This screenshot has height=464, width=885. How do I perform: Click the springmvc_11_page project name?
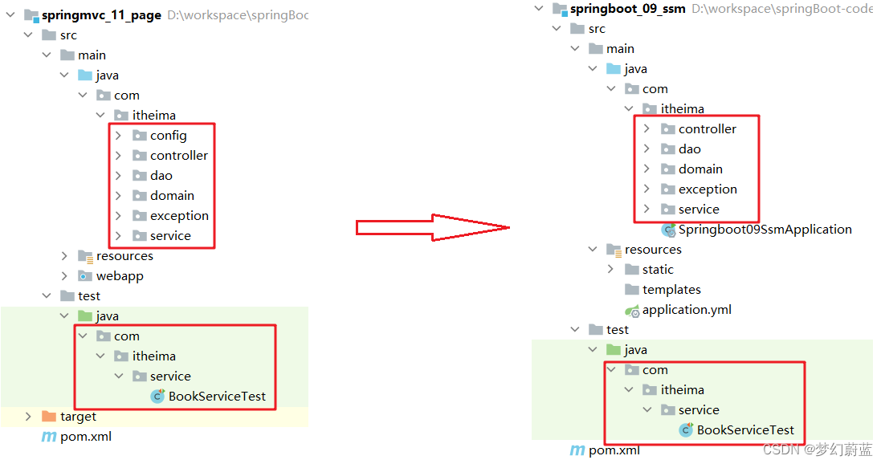[101, 15]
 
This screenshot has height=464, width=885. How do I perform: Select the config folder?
[168, 136]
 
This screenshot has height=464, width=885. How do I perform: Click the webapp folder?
[120, 276]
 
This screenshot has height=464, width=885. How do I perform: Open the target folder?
[78, 417]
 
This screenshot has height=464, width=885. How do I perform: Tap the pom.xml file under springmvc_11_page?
[86, 437]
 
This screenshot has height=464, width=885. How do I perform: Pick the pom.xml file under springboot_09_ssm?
[614, 450]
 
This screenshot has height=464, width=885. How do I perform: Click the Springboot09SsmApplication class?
[765, 230]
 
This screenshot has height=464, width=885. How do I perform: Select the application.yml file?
[687, 310]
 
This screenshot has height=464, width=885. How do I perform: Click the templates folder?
[671, 290]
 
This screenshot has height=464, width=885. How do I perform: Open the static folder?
[658, 270]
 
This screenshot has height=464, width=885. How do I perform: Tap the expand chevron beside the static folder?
[611, 270]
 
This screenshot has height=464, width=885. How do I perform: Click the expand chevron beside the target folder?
[28, 417]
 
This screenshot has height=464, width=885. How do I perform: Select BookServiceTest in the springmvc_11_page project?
[217, 397]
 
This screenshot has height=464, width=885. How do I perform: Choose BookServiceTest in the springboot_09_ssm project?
[745, 430]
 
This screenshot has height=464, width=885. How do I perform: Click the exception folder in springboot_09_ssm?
[708, 189]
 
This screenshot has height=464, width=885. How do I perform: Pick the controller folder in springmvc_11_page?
[178, 156]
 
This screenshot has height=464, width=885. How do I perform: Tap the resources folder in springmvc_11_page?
[124, 256]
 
